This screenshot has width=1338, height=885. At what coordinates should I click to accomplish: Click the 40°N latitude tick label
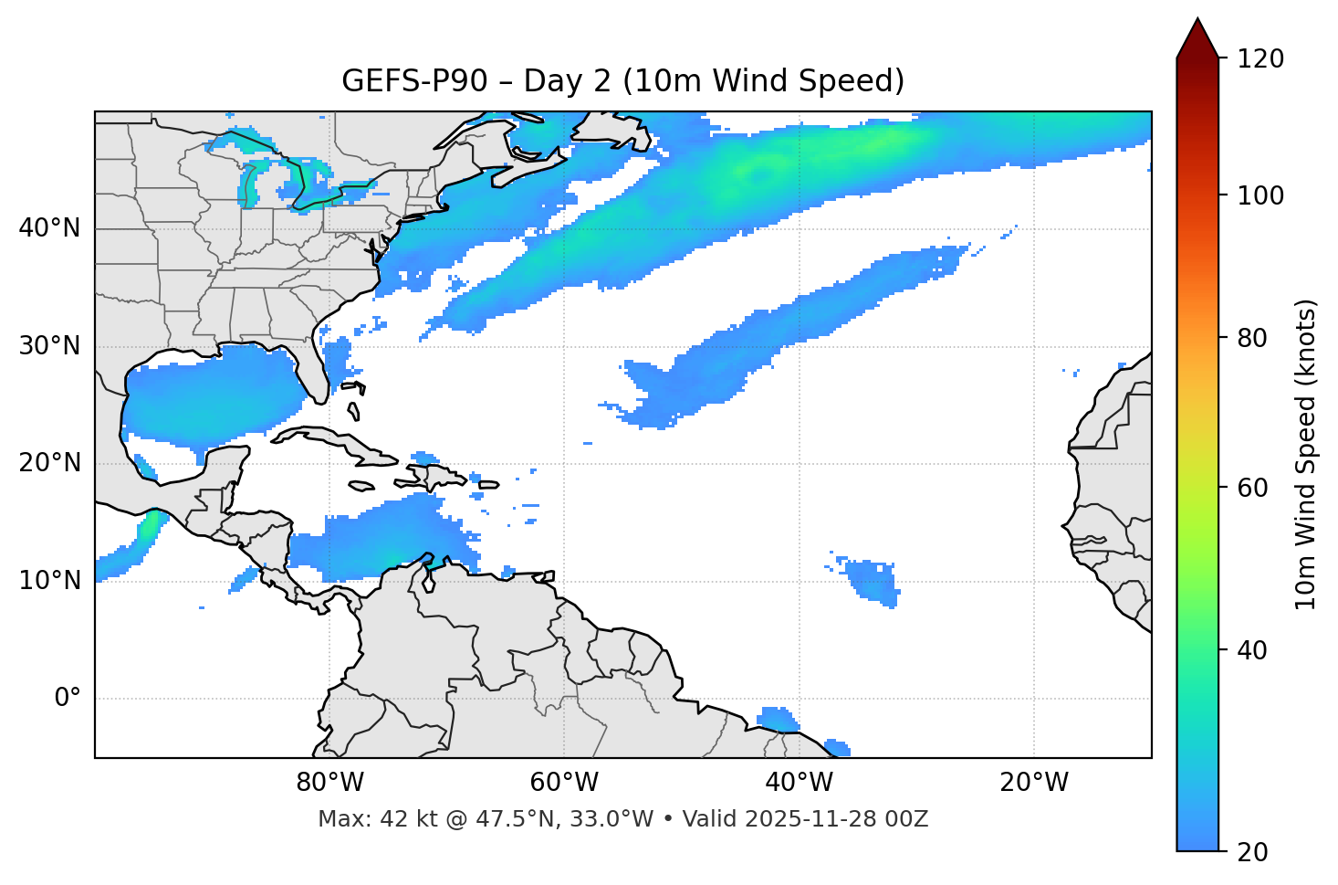(49, 228)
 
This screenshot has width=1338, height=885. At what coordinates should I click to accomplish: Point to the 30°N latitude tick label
(49, 346)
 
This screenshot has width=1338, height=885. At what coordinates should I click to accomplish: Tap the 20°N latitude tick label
(49, 463)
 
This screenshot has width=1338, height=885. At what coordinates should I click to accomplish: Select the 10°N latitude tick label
(49, 581)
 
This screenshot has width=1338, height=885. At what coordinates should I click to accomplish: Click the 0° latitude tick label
(68, 699)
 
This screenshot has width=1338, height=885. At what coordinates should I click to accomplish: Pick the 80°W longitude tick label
(329, 783)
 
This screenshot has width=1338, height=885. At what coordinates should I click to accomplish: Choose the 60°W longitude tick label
(564, 783)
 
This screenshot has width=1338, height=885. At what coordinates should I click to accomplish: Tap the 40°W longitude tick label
(800, 783)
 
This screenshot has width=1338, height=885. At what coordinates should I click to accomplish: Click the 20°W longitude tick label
(1034, 783)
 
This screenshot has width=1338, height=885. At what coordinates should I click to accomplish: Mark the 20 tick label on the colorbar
(1253, 852)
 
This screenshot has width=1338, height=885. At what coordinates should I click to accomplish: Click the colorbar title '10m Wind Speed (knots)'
(1306, 454)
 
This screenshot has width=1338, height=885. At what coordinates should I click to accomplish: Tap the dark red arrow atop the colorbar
(1197, 38)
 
